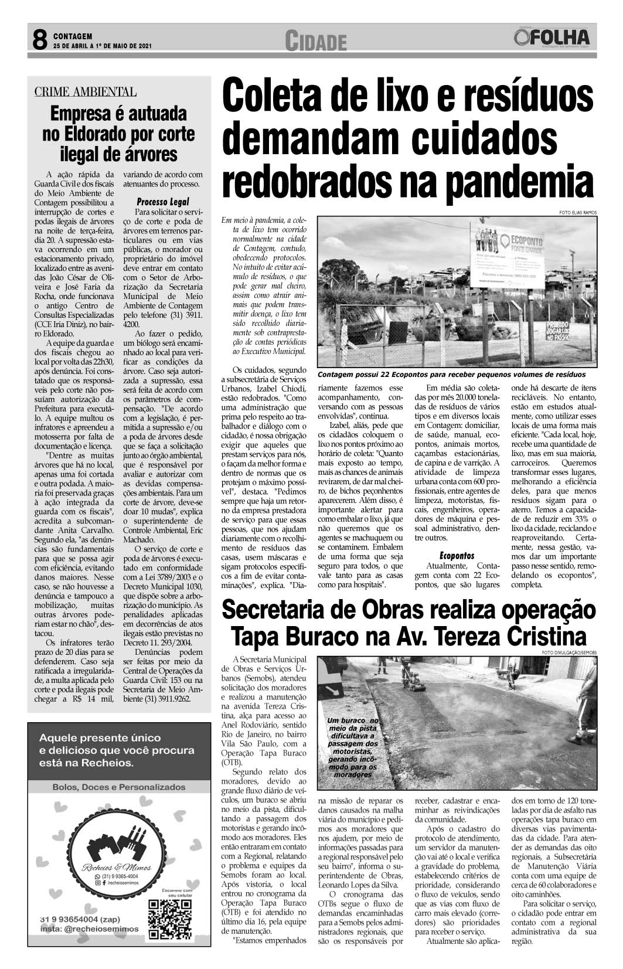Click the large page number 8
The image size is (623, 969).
coord(39,40)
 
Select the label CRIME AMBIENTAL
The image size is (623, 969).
coord(86,91)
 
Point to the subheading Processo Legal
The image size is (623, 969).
coord(162,201)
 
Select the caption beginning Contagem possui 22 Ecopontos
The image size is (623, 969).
coord(451,374)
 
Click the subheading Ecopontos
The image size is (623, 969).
coord(457,555)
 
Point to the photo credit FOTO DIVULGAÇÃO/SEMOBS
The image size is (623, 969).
coord(568,652)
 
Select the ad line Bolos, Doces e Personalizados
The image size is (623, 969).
coord(118,787)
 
